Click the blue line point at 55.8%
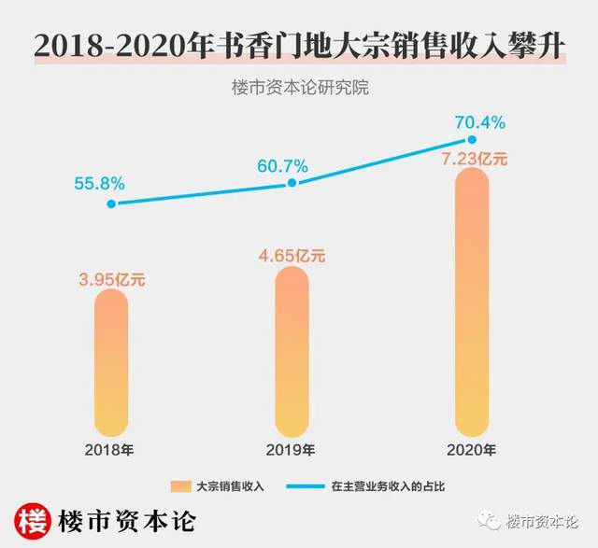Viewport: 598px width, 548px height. [x=111, y=203]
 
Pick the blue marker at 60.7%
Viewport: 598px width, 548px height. [x=292, y=183]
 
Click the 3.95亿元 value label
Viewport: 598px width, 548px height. [x=111, y=276]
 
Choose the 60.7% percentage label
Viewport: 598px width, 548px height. [x=281, y=165]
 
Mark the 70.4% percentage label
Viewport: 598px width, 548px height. [x=479, y=121]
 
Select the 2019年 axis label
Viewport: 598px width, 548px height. [x=292, y=451]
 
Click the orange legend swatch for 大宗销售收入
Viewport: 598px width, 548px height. [x=180, y=486]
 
